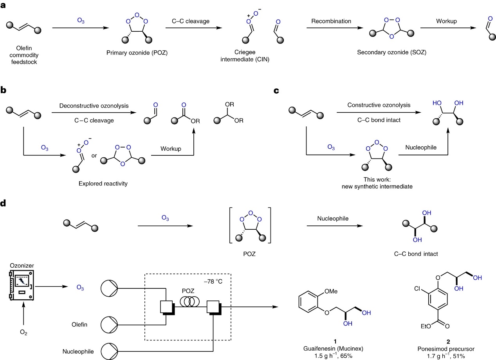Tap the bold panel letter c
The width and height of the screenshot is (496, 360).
point(277,91)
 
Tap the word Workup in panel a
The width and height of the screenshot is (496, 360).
point(447,20)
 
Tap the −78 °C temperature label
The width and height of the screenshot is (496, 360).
point(213,282)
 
